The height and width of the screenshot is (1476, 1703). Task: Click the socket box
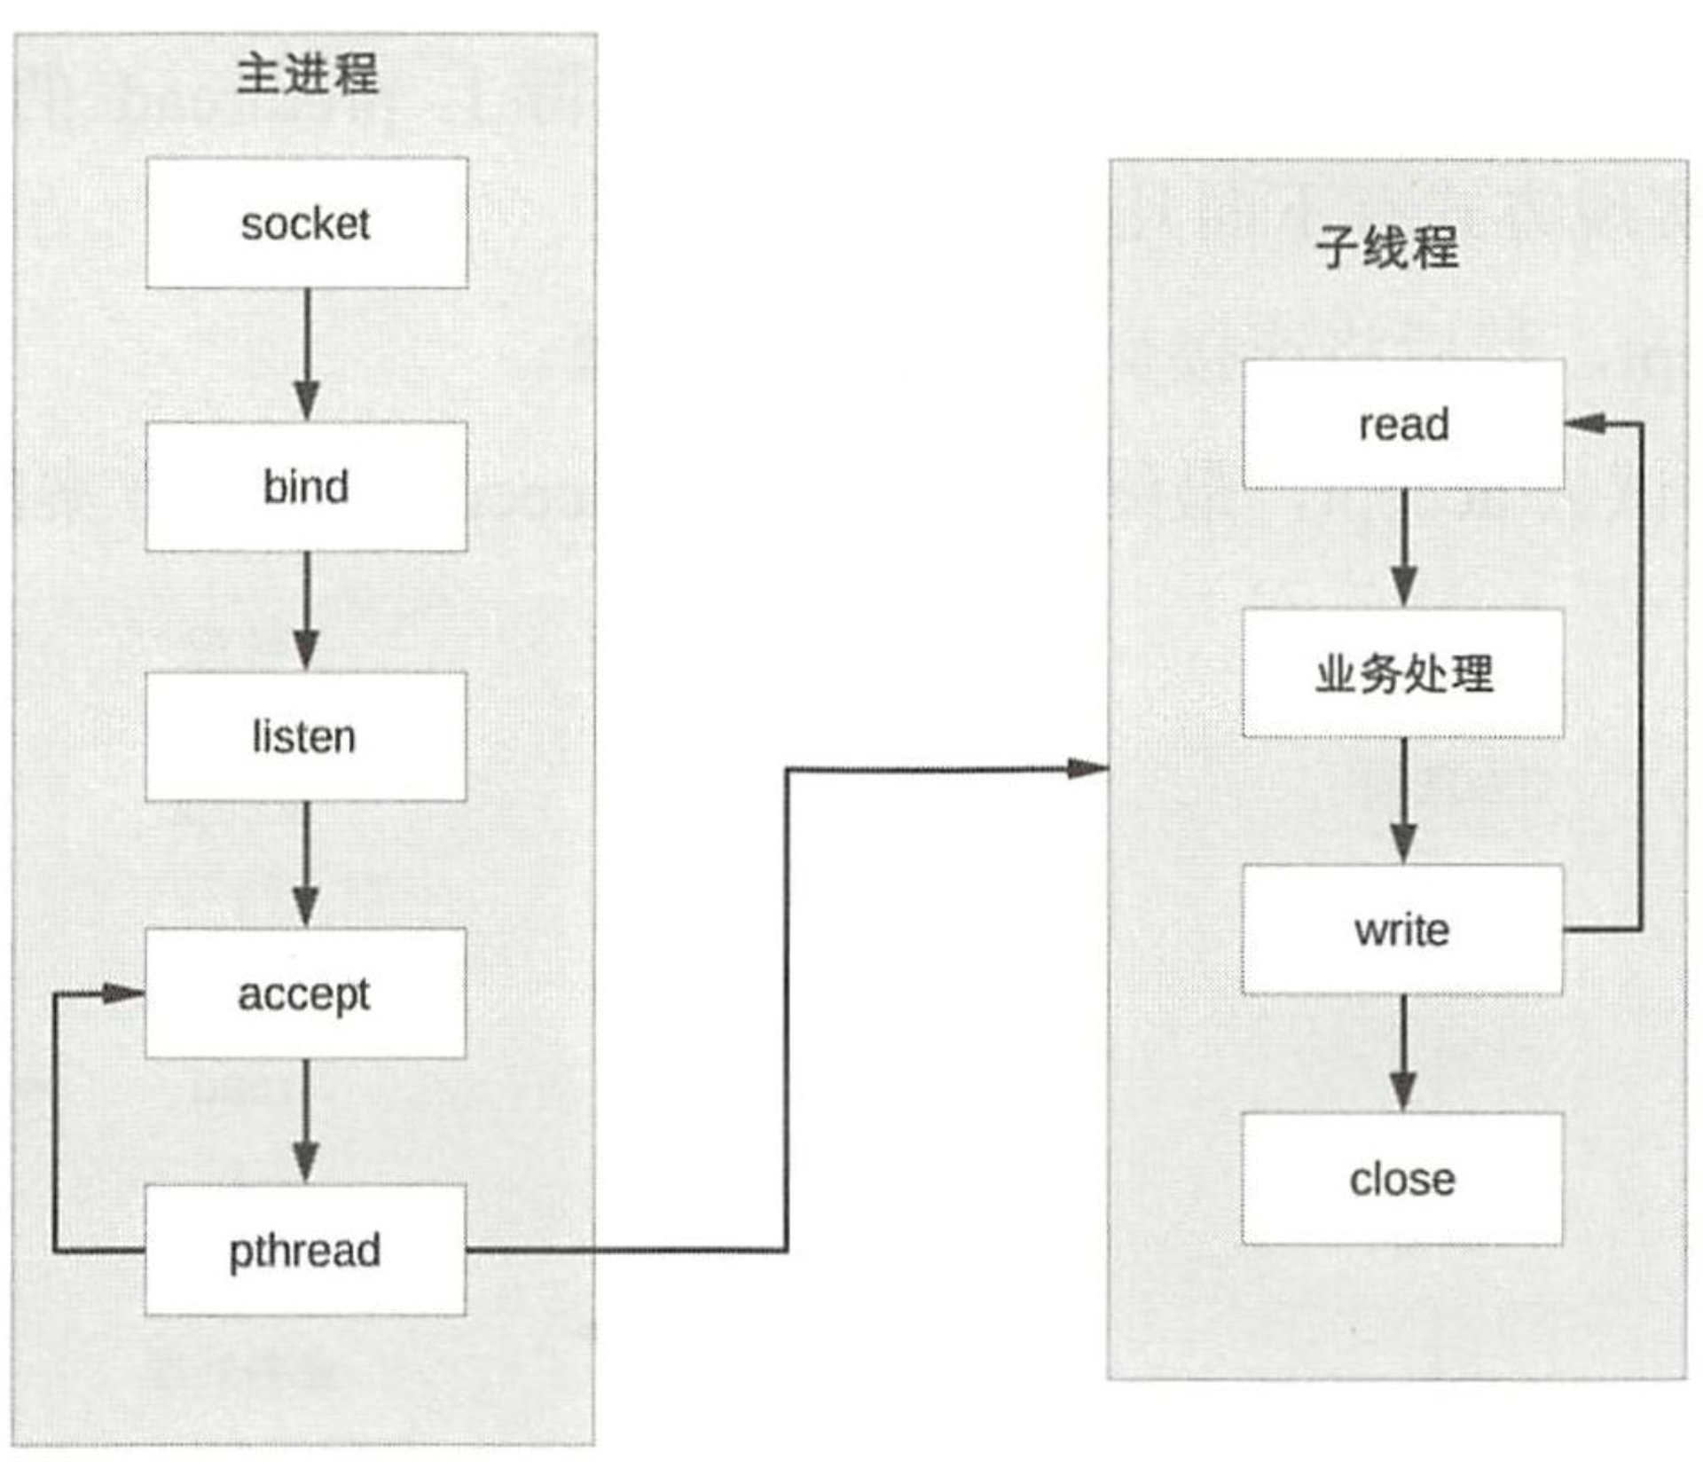[306, 223]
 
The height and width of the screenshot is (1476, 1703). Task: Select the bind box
[306, 486]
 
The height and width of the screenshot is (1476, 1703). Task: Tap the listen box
[306, 736]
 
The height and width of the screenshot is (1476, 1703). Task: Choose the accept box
[306, 993]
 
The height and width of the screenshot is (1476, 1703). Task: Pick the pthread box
[306, 1250]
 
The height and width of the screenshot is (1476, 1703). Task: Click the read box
[1403, 424]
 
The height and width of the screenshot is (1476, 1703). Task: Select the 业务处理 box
[1403, 673]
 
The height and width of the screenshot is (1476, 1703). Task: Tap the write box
[1402, 929]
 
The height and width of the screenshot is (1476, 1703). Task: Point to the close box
[1402, 1179]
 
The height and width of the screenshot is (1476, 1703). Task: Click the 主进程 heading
[307, 74]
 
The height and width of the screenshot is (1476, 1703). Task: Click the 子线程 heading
[1386, 247]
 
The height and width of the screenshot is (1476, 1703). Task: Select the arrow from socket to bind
[307, 355]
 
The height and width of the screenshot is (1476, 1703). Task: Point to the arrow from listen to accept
[307, 865]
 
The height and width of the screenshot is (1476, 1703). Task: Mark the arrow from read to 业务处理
[1403, 548]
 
